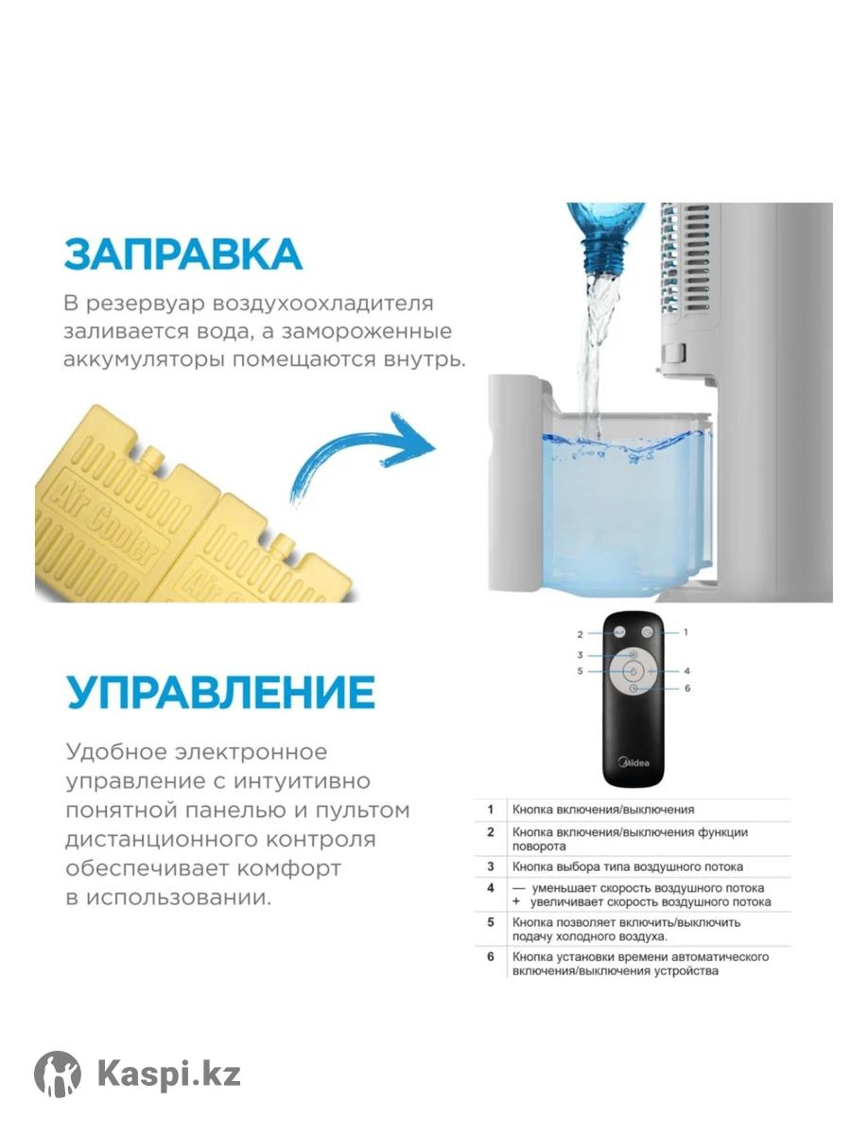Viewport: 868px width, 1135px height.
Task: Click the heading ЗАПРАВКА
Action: click(x=183, y=253)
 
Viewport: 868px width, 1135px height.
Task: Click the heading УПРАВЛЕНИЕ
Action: click(x=220, y=691)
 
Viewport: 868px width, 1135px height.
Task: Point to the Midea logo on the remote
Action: click(x=634, y=762)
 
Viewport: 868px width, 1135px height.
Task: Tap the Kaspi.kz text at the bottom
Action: click(x=169, y=1074)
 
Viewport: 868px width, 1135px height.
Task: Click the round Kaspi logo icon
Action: click(x=58, y=1074)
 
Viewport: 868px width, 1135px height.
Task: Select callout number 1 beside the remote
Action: click(x=686, y=632)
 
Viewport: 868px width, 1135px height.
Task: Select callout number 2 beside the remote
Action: click(x=580, y=634)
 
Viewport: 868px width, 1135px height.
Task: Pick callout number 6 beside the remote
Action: click(x=687, y=689)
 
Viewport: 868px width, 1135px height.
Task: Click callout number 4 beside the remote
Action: click(x=687, y=672)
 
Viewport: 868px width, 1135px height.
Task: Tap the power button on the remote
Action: click(x=648, y=632)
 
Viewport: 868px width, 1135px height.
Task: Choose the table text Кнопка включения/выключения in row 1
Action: click(x=603, y=810)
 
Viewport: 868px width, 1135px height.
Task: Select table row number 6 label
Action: click(x=491, y=956)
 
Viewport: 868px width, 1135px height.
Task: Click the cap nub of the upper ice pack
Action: click(x=153, y=456)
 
